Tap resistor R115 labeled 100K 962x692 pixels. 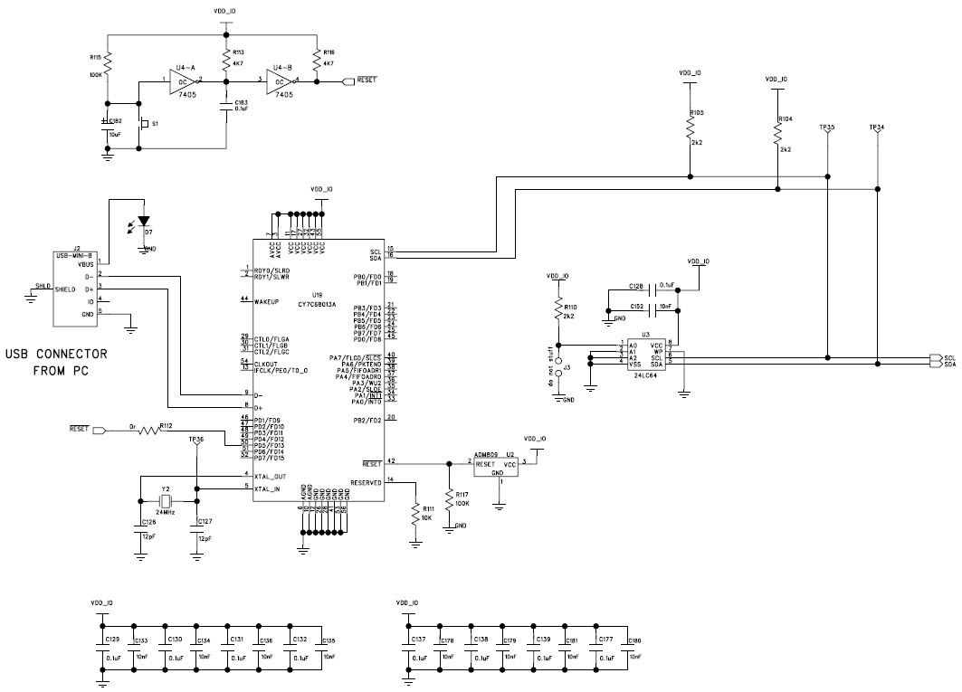[108, 63]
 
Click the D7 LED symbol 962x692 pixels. [144, 222]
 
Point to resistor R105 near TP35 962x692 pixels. [690, 128]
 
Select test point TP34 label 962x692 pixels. [876, 128]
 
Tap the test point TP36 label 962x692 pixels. [195, 439]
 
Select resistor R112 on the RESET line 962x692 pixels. [151, 431]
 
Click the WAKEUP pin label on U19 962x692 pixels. [265, 299]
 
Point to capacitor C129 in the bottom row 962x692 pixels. [103, 649]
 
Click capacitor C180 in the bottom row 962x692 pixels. [626, 649]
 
